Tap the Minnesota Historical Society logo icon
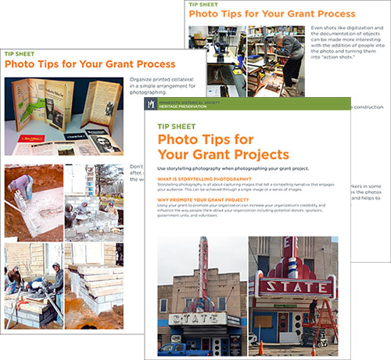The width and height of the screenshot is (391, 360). [x=149, y=104]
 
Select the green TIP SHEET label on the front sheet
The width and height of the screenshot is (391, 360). [x=176, y=123]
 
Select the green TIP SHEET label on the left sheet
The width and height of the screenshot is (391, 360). [x=20, y=55]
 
